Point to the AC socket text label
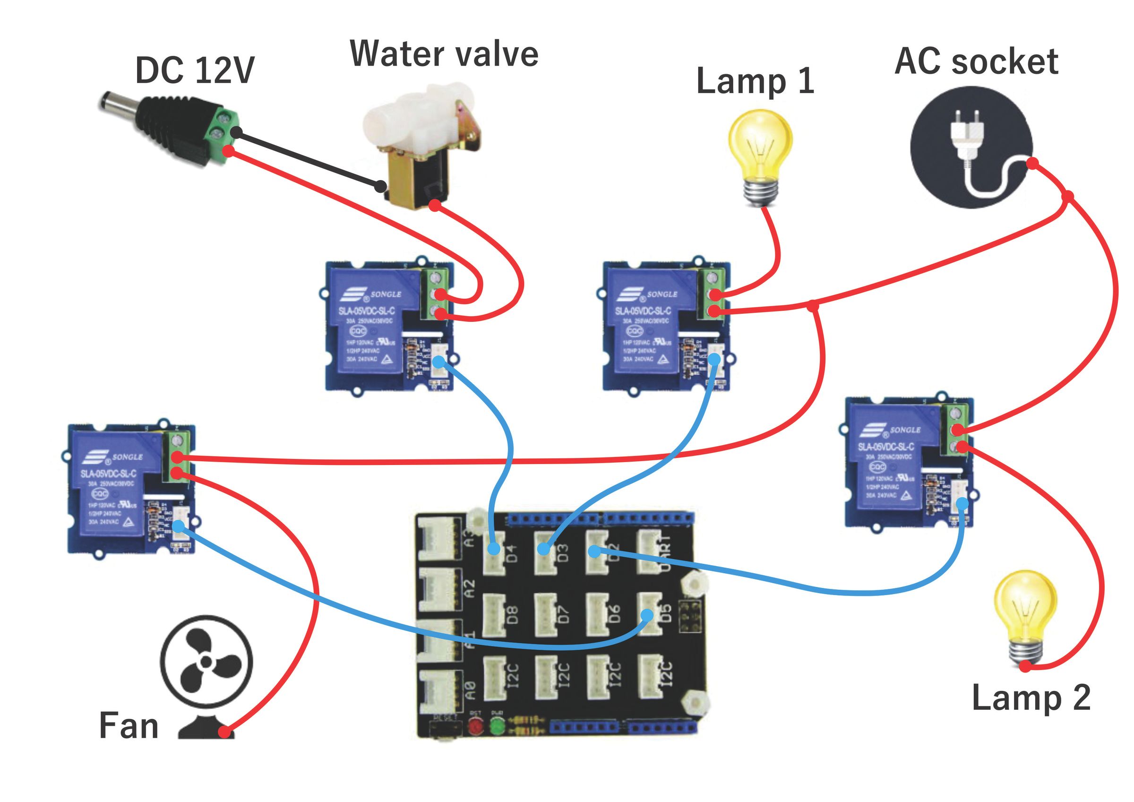click(976, 62)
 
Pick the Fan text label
click(129, 725)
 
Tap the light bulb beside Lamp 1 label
click(761, 155)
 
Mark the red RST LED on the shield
click(476, 726)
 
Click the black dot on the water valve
click(380, 187)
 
